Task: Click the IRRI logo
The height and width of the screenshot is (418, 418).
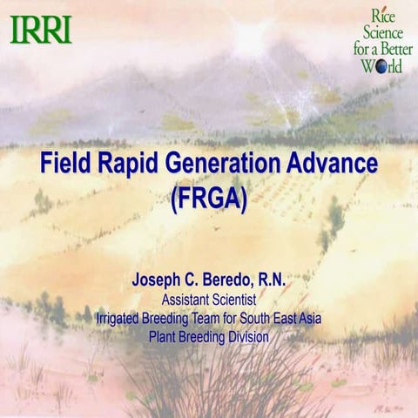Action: click(x=41, y=30)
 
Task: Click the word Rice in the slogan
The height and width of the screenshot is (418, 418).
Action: click(x=386, y=15)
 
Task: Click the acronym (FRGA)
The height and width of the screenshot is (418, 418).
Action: click(x=209, y=196)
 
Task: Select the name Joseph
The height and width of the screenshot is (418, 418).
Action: click(x=158, y=282)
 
